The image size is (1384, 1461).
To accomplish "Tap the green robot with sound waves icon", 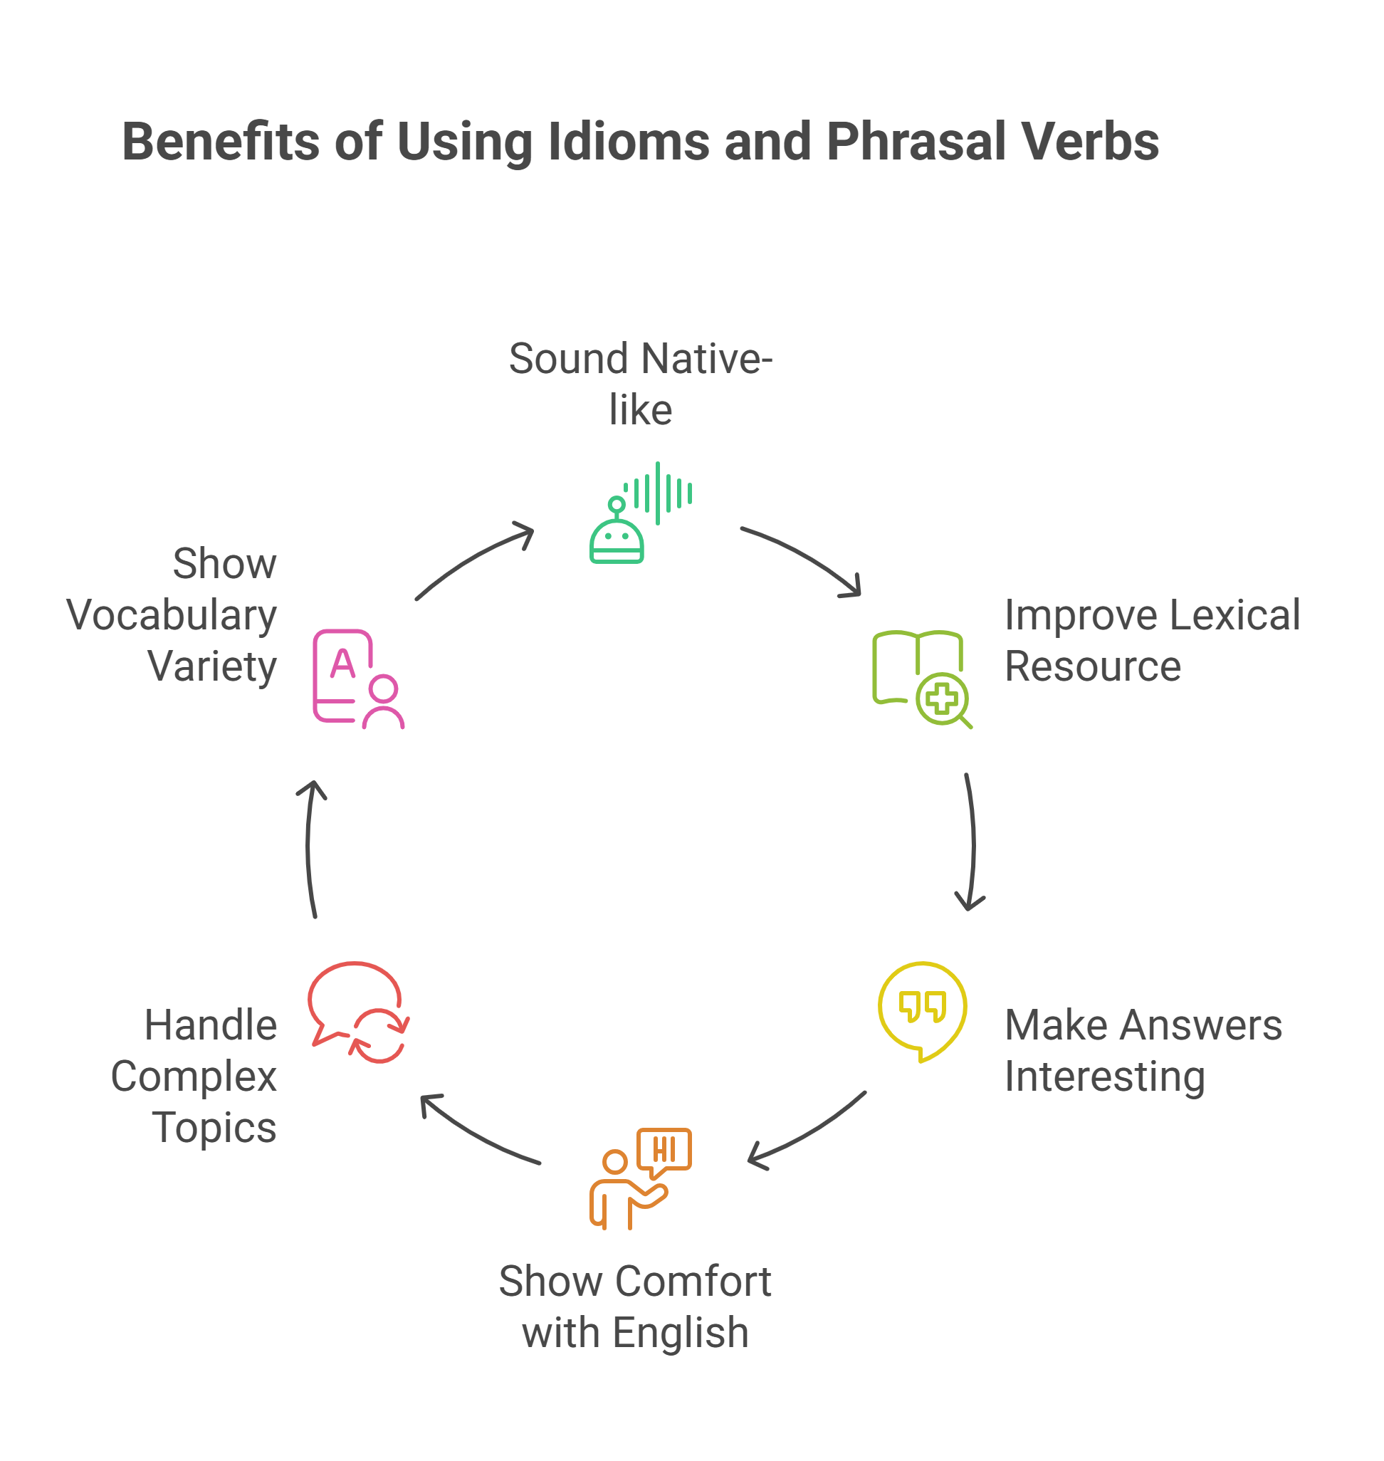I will pyautogui.click(x=640, y=513).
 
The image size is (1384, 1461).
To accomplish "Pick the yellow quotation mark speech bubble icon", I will pyautogui.click(x=922, y=1011).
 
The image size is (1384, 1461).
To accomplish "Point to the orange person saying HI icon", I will pyautogui.click(x=640, y=1178).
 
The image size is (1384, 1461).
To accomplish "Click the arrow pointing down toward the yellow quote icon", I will pyautogui.click(x=972, y=841).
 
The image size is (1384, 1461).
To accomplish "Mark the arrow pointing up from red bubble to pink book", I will pyautogui.click(x=310, y=849).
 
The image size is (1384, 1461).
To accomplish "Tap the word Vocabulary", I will pyautogui.click(x=171, y=615).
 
